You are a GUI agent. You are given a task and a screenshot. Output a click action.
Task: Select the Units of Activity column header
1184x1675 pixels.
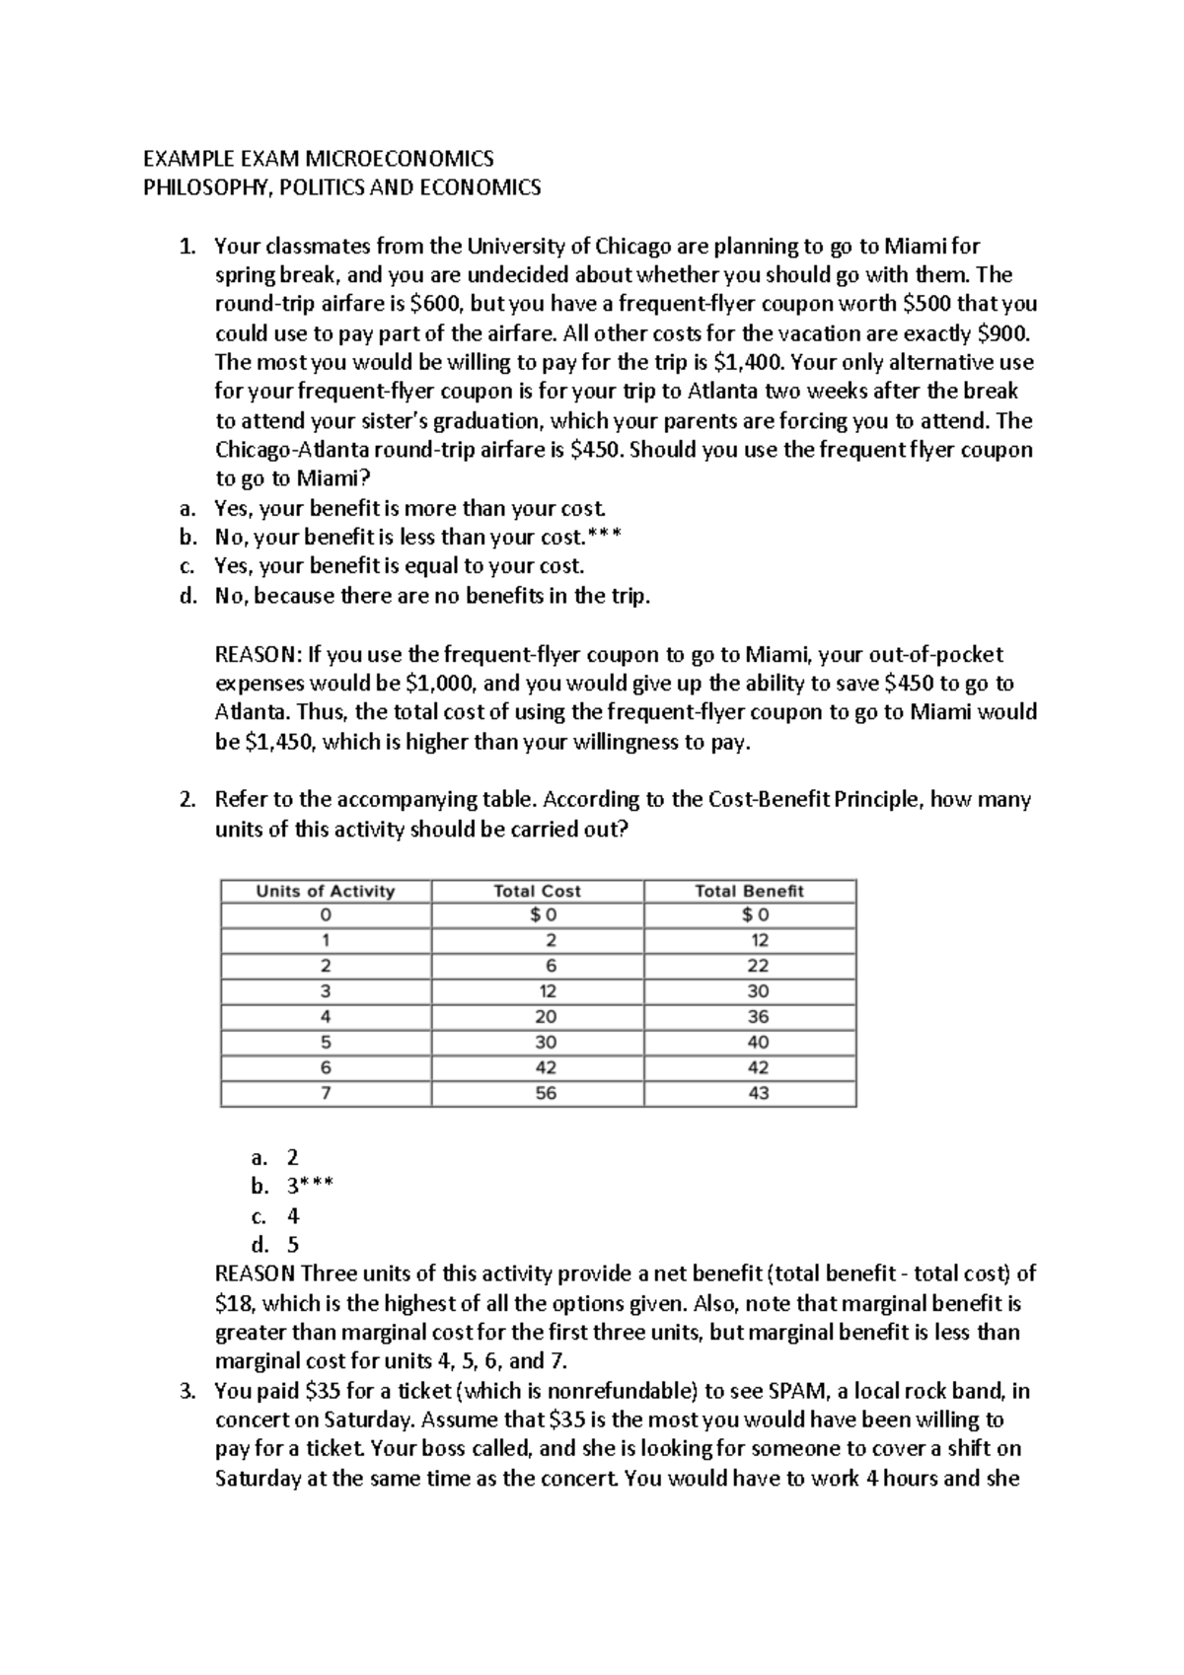326,891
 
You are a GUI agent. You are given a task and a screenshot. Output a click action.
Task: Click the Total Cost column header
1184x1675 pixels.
537,891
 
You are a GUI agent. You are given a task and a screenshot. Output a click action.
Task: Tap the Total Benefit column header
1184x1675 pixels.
749,891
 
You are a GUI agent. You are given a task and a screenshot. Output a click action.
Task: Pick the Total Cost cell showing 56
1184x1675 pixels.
546,1093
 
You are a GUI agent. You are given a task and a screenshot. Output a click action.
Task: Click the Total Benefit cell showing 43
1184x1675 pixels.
758,1093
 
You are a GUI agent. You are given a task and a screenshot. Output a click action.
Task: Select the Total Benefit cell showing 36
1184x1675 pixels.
758,1016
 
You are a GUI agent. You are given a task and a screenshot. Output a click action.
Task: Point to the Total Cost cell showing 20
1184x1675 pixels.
546,1016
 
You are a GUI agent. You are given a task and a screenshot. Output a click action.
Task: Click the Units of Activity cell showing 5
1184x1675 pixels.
326,1042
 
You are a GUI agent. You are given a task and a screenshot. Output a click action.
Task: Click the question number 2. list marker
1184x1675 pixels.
188,800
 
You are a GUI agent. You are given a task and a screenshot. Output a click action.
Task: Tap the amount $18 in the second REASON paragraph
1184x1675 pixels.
232,1303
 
